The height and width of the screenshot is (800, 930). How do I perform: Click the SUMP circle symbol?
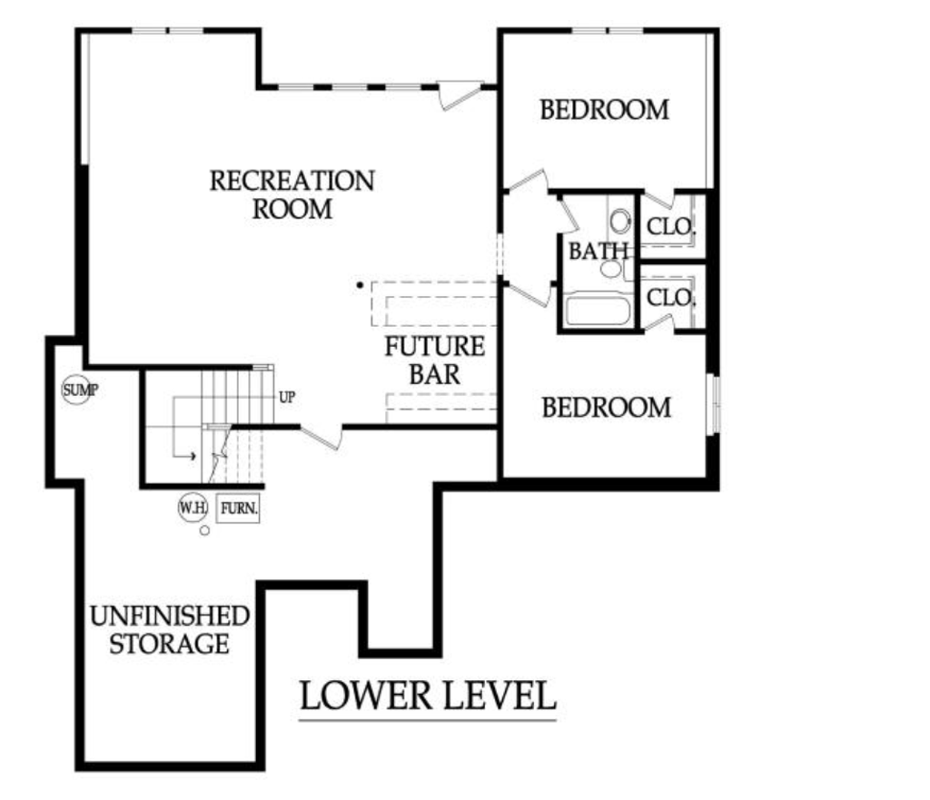(76, 390)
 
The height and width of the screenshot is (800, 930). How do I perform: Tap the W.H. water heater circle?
(193, 508)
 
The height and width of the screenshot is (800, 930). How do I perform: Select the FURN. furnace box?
(239, 509)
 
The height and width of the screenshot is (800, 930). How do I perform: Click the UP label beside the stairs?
(287, 398)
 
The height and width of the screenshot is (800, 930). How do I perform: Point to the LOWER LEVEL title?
(428, 696)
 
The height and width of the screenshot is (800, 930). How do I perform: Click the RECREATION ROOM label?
(292, 195)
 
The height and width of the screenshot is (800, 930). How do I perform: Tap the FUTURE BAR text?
(435, 360)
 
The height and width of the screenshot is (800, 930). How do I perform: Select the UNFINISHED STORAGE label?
(170, 630)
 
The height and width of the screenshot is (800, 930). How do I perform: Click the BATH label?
(598, 251)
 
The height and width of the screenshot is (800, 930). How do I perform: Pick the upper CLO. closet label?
(671, 226)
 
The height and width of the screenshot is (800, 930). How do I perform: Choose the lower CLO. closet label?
(671, 297)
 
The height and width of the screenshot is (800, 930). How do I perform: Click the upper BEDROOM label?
(604, 110)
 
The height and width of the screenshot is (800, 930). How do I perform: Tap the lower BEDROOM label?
(607, 408)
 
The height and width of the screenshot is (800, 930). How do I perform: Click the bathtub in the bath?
(598, 311)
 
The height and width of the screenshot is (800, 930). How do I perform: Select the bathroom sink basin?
(610, 269)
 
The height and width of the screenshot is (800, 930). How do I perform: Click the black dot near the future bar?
(360, 285)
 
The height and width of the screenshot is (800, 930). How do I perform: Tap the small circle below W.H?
(204, 531)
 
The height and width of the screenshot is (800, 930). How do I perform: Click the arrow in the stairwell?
(184, 427)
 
